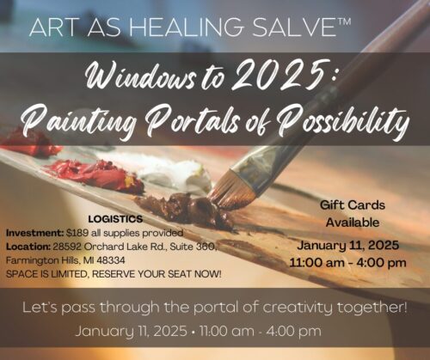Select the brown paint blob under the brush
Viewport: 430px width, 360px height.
187,209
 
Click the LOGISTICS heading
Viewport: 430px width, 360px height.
115,219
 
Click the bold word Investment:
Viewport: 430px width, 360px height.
35,233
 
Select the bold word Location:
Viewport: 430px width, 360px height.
28,247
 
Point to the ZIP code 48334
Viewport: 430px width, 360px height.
111,260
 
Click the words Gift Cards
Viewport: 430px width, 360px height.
353,205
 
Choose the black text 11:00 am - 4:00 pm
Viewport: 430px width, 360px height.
347,263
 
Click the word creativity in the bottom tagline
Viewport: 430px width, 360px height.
298,308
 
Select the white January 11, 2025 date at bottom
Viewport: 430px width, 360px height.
132,332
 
